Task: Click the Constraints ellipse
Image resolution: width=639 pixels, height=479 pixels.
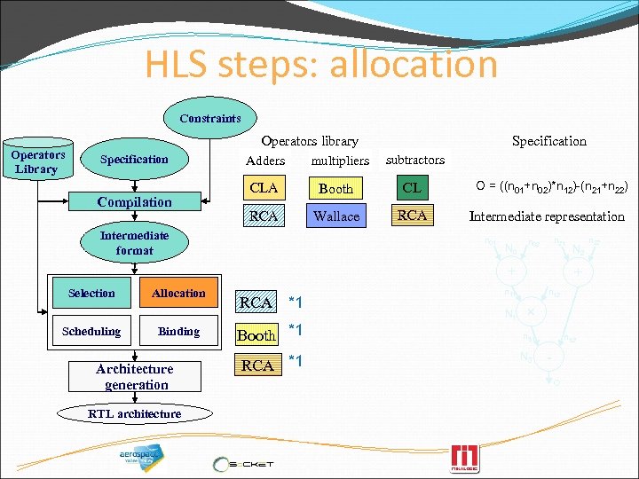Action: [210, 118]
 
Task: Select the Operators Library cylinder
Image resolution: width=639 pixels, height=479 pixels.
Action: [36, 161]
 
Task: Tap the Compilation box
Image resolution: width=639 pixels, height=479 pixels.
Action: [135, 202]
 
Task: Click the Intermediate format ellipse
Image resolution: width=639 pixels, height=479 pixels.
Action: [134, 243]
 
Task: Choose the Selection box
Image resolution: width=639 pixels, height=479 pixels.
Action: [91, 294]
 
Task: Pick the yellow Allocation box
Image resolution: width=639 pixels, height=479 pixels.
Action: [178, 294]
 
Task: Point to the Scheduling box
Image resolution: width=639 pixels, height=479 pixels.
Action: [91, 332]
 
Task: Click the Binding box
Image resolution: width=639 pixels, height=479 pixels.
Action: [178, 332]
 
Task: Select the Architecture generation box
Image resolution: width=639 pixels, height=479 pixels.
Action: [135, 377]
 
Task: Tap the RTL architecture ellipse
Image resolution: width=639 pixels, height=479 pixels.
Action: [135, 413]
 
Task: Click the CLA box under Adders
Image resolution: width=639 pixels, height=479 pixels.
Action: [264, 188]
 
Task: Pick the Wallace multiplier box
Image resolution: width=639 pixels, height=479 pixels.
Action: [336, 216]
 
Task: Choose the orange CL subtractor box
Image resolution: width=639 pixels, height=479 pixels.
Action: [412, 188]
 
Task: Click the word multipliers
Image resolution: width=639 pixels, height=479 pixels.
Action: [340, 161]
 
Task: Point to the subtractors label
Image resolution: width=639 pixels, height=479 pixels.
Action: [414, 160]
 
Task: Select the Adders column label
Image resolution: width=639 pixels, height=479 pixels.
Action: [265, 161]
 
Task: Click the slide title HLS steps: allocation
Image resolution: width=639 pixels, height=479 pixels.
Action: [321, 64]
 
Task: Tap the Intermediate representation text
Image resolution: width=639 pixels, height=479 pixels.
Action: [547, 216]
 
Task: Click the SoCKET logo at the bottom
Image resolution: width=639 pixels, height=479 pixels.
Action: [243, 463]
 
